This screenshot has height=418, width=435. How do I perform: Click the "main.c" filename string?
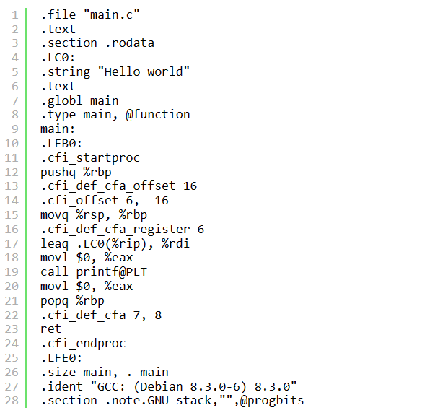(112, 14)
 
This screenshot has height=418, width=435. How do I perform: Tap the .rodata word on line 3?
(129, 43)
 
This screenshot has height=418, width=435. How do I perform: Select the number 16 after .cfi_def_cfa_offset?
(190, 186)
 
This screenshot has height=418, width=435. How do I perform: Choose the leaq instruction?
(54, 243)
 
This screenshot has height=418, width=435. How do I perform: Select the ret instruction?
(50, 328)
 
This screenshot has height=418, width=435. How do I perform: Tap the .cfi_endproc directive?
(83, 343)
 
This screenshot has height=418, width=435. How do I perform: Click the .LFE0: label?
(61, 357)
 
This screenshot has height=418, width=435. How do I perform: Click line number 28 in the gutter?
(14, 400)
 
